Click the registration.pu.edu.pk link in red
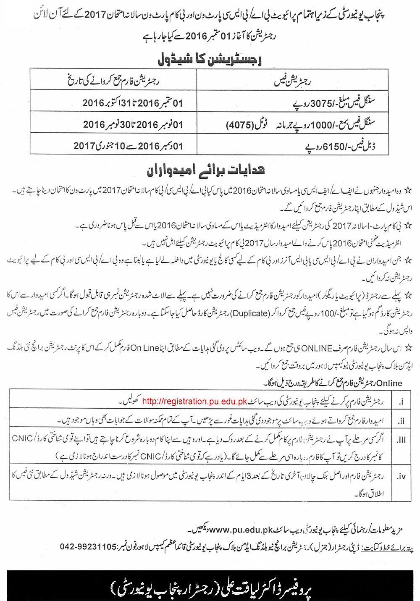tap(194, 401)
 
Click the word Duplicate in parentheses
tap(250, 313)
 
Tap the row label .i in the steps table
tap(401, 402)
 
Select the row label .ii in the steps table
tap(401, 421)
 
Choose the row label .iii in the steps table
tap(401, 440)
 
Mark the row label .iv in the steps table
tap(401, 476)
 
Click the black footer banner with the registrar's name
tap(210, 585)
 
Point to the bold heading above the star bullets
tap(206, 171)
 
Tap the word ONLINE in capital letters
tap(317, 348)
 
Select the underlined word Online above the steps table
tap(389, 383)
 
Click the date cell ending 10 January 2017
tap(128, 146)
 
